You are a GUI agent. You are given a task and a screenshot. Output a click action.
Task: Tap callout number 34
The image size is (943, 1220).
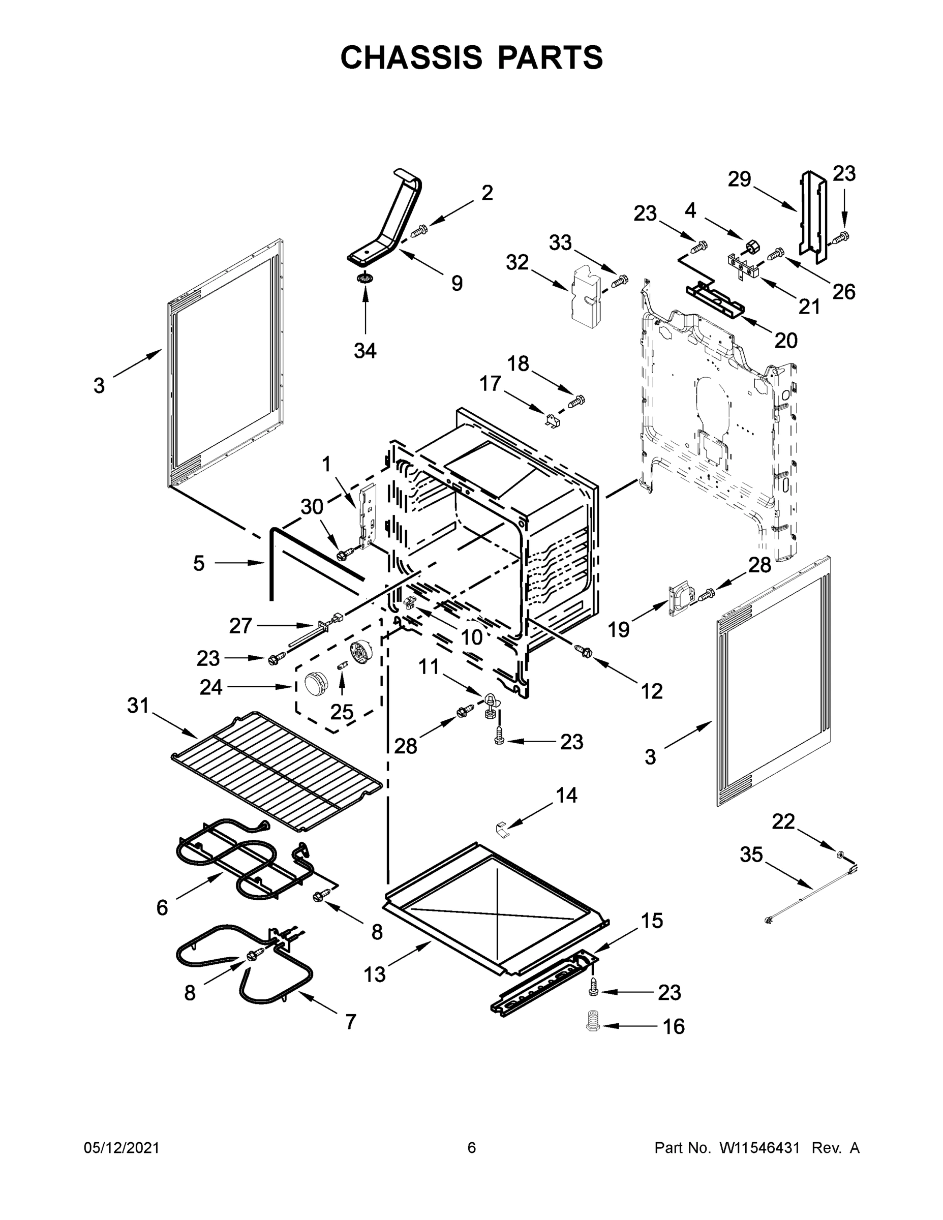[x=365, y=351]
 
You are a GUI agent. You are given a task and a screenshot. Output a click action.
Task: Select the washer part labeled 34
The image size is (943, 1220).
[x=366, y=278]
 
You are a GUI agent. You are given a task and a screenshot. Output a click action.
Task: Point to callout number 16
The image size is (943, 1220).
[x=674, y=1026]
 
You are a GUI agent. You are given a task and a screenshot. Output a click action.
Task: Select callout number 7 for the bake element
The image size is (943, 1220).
[x=350, y=1022]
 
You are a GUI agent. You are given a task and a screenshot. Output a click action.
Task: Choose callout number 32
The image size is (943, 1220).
[x=517, y=262]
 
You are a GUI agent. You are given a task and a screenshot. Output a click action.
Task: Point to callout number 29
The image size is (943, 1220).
[x=739, y=179]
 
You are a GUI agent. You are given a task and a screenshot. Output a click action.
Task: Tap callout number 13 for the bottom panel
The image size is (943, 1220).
[x=374, y=975]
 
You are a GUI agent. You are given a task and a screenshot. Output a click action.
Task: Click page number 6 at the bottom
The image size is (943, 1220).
[x=472, y=1148]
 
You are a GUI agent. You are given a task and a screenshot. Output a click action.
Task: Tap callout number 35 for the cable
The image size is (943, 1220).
[x=751, y=854]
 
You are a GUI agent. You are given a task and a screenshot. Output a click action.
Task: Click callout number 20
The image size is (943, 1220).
[x=785, y=340]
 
